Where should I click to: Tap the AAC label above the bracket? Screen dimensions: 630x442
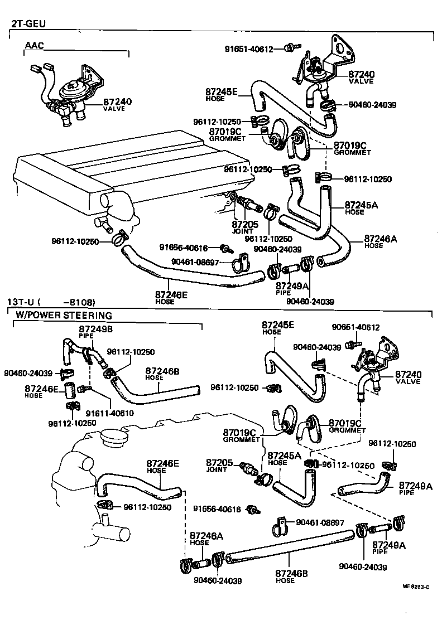33,45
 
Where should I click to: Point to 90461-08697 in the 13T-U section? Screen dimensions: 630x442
320,522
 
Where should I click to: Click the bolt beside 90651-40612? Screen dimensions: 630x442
350,345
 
